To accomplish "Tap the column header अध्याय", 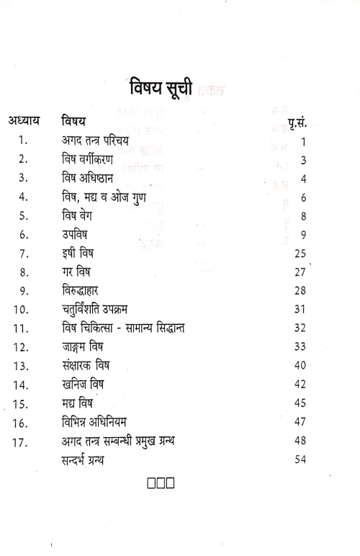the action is (28, 122).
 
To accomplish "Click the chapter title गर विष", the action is (77, 272).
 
